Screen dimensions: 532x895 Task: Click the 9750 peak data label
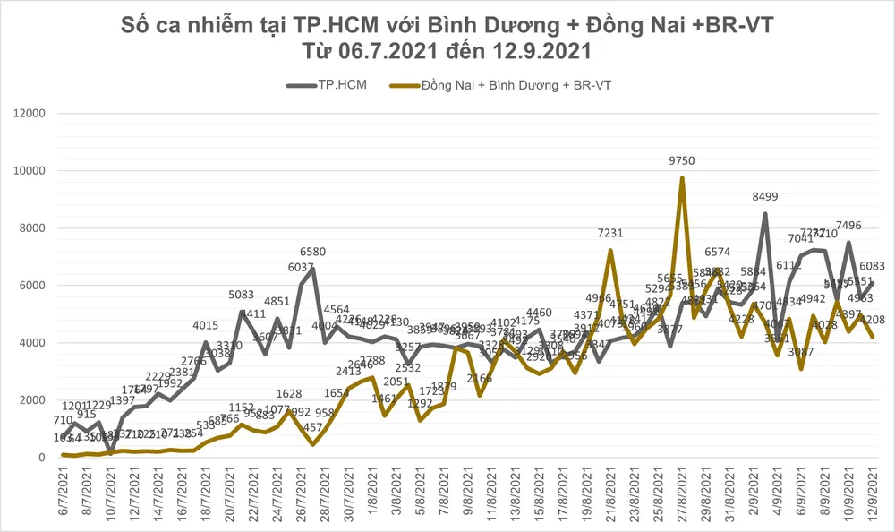point(682,161)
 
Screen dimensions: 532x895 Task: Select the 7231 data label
point(610,234)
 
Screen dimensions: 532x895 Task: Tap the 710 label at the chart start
point(63,420)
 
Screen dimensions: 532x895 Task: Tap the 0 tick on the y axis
point(41,458)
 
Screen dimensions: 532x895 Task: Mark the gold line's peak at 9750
point(682,177)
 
